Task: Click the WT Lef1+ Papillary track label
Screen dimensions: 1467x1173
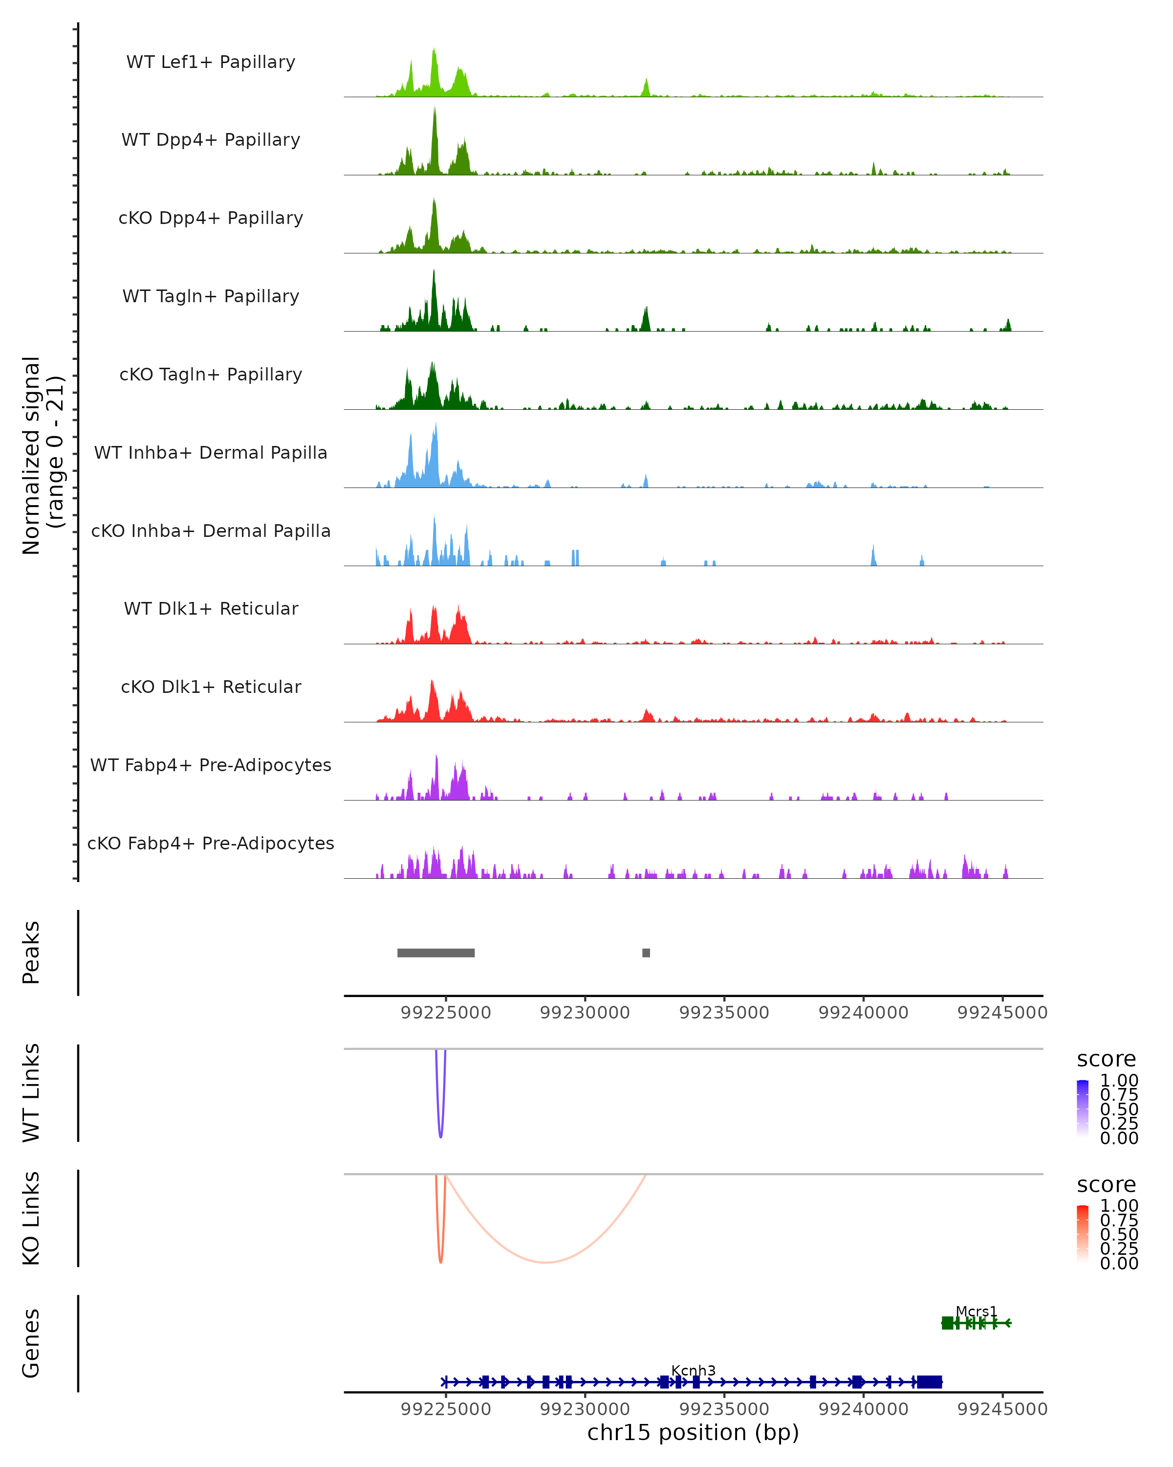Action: (x=211, y=62)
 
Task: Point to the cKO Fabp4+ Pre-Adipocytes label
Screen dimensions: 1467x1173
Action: (x=211, y=843)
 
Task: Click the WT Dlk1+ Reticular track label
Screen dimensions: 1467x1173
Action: (x=211, y=608)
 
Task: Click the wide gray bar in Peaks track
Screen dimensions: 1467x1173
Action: (x=436, y=953)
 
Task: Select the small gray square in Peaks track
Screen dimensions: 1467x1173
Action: (x=646, y=953)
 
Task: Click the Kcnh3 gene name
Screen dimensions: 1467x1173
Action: (x=693, y=1370)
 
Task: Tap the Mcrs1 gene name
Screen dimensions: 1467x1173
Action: (x=976, y=1311)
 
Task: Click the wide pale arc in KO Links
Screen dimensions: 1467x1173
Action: (x=546, y=1262)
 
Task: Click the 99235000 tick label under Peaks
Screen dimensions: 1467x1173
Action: (x=724, y=1013)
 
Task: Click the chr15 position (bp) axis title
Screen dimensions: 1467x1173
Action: (x=693, y=1433)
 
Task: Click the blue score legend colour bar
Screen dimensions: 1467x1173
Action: (x=1083, y=1108)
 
